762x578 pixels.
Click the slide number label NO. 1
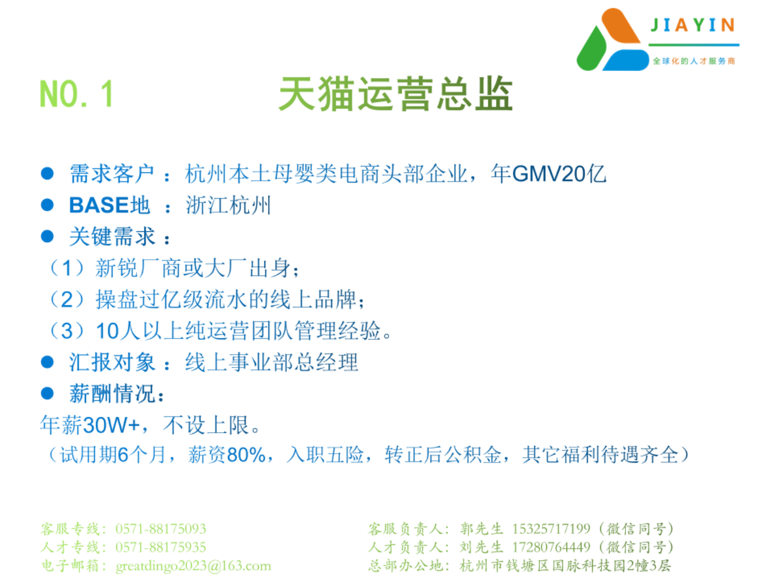pos(76,93)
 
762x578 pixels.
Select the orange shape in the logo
pos(621,26)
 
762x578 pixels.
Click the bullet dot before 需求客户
pos(47,173)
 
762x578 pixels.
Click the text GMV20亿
pos(559,174)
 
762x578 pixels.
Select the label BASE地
pos(110,205)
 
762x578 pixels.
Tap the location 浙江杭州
pos(228,205)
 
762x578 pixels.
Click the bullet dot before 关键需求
pos(47,236)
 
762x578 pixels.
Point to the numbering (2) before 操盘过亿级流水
pos(67,299)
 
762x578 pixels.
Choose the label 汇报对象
pos(112,362)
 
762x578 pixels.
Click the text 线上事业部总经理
pos(271,362)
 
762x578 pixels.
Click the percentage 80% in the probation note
pos(246,454)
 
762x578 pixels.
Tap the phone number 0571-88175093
pos(161,529)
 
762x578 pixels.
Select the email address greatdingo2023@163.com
pos(193,566)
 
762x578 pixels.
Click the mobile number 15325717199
pos(551,529)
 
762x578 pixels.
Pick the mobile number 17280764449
pos(551,547)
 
